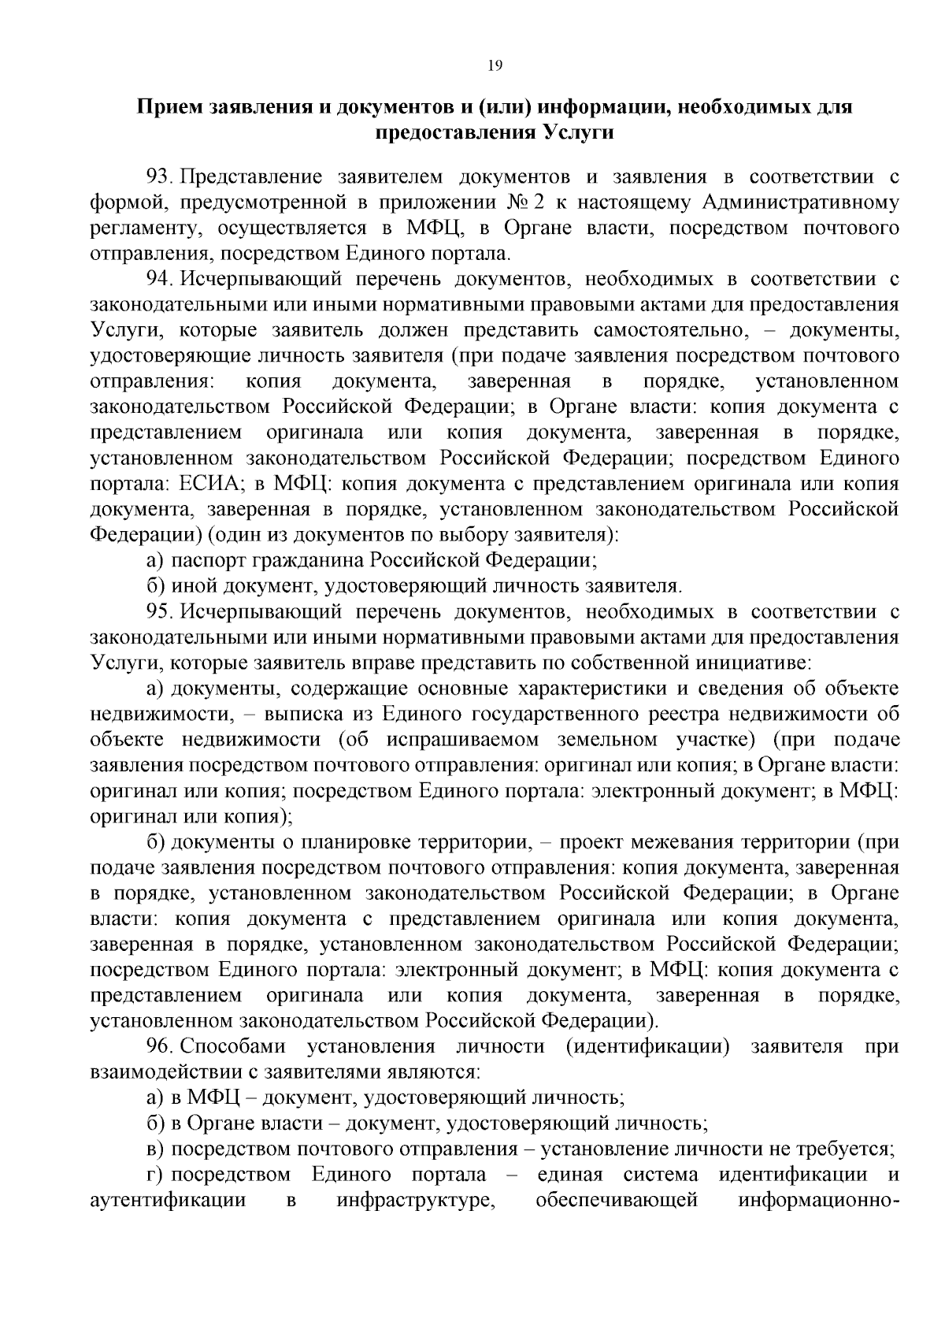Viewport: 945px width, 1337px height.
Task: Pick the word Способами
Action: [234, 1047]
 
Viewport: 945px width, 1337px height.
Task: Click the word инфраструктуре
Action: [414, 1201]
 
